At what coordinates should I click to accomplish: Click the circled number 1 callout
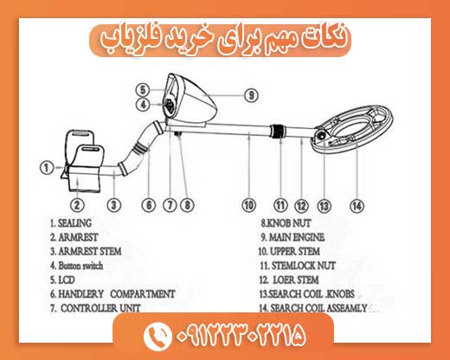tap(46, 168)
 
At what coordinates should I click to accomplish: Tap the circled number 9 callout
tap(251, 95)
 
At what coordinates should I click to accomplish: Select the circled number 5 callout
tap(143, 90)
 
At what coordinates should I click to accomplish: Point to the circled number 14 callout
tap(357, 206)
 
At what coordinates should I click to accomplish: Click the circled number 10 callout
tap(249, 205)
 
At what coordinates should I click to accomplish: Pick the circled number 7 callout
tap(170, 205)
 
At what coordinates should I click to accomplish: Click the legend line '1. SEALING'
tap(71, 223)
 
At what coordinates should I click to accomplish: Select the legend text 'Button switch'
tap(80, 266)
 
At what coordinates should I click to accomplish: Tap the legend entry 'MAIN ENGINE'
tap(297, 237)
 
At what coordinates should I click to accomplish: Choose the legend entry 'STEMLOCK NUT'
tap(304, 266)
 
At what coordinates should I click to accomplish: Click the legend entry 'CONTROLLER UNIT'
tap(100, 308)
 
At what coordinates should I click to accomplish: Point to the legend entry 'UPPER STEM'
tap(295, 251)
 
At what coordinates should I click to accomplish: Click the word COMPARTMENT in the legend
tap(143, 294)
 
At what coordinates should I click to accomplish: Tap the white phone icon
tap(157, 336)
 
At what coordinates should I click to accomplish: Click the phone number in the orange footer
tap(241, 336)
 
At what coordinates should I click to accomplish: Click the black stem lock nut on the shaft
tap(278, 131)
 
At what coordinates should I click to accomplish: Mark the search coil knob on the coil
tap(321, 135)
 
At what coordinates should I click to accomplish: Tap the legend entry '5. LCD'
tap(62, 280)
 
